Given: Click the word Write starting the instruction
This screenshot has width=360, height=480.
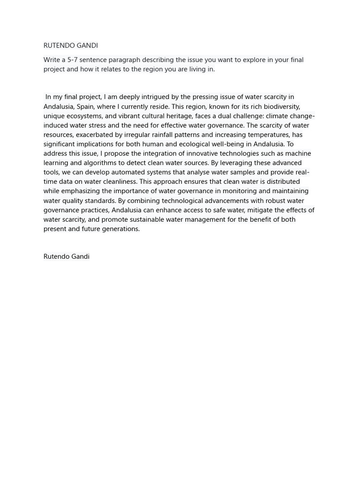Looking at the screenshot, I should tap(52, 60).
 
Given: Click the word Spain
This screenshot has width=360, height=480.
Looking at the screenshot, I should tap(86, 106).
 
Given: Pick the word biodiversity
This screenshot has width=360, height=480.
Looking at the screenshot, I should tap(279, 106).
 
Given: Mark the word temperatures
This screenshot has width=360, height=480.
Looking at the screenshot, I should tap(262, 135).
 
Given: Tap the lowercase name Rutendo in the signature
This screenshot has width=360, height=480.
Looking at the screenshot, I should tap(56, 256).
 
